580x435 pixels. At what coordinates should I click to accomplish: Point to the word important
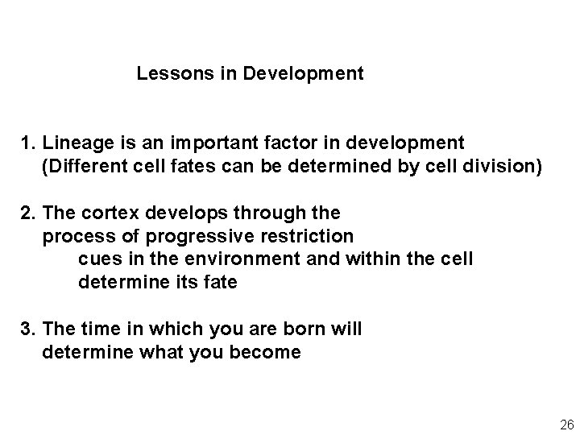pyautogui.click(x=208, y=144)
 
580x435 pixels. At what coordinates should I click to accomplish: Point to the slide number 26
pyautogui.click(x=565, y=425)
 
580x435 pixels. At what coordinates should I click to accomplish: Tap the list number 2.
pyautogui.click(x=27, y=213)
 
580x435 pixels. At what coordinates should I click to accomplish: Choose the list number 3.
pyautogui.click(x=27, y=329)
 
